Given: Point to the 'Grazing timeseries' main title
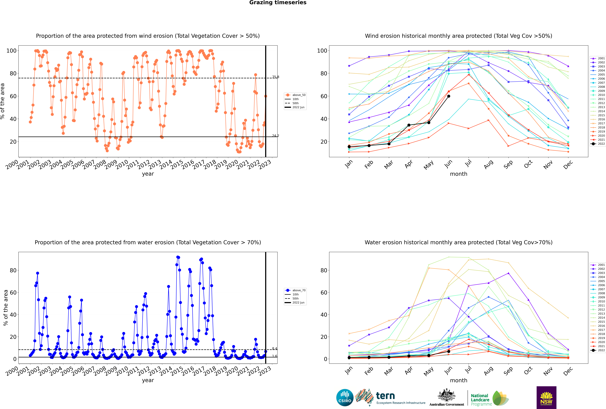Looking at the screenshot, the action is pyautogui.click(x=278, y=3).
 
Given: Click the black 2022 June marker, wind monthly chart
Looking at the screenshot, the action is pyautogui.click(x=449, y=96).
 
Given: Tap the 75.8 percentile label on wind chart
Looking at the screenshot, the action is pyautogui.click(x=276, y=77).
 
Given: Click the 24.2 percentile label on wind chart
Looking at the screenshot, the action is pyautogui.click(x=276, y=136).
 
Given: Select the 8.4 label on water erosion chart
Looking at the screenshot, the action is pyautogui.click(x=275, y=348).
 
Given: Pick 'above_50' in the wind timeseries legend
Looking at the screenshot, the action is pyautogui.click(x=299, y=95).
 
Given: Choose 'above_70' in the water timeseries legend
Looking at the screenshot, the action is pyautogui.click(x=299, y=290).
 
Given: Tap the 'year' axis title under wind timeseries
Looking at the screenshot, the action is pyautogui.click(x=148, y=174).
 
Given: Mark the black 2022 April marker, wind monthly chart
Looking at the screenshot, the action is pyautogui.click(x=409, y=125).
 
